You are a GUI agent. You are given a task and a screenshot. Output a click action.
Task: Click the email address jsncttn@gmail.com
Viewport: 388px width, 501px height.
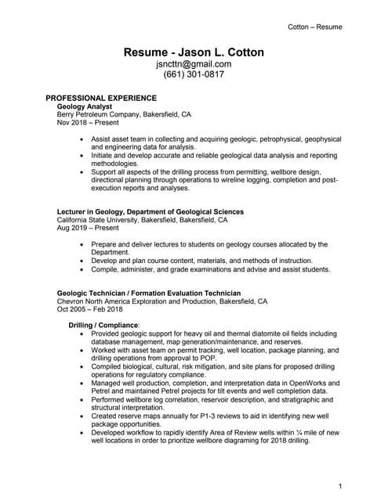tap(194, 64)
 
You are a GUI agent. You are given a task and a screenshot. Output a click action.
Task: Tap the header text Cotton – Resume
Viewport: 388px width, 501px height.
tap(315, 27)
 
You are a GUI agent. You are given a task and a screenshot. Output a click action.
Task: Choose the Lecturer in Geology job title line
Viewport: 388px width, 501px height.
tap(150, 211)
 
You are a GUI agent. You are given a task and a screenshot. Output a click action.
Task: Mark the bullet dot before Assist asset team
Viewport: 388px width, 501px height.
tap(83, 139)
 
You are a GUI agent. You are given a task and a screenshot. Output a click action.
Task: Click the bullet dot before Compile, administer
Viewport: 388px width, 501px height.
tap(83, 270)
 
